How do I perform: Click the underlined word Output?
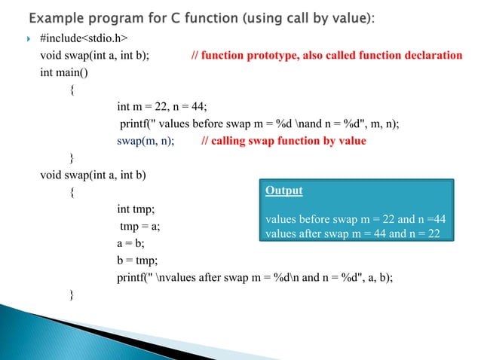pos(283,191)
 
